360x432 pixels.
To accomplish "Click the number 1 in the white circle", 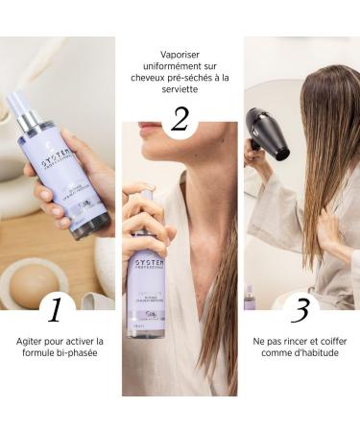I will click(59, 309).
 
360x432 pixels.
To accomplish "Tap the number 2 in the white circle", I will click(180, 119).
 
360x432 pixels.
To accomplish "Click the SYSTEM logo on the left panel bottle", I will click(47, 162).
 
